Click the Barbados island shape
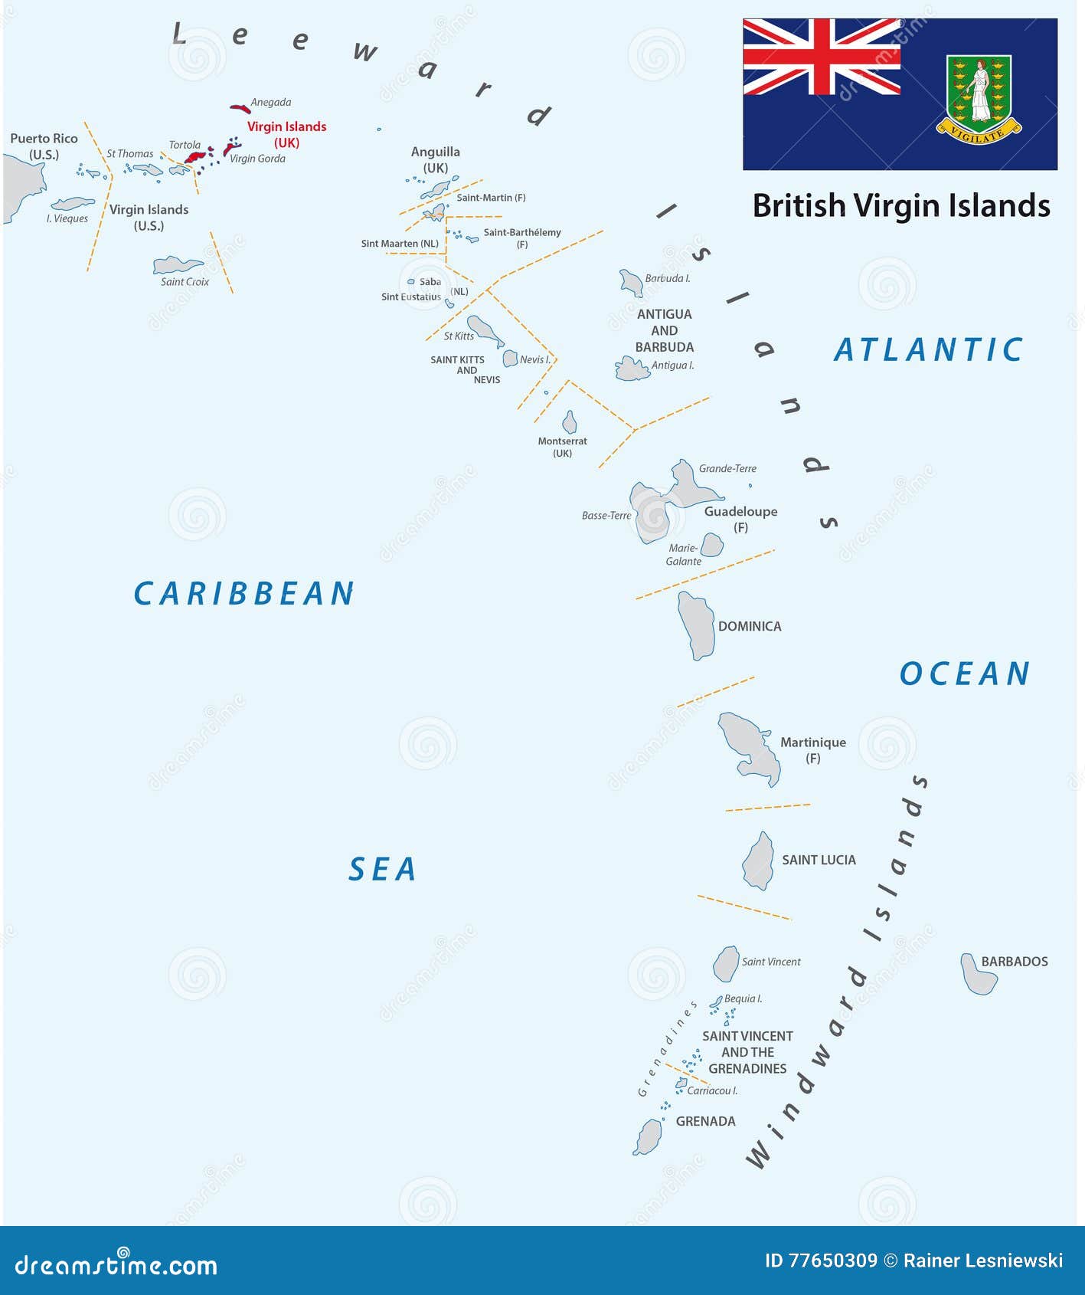coord(978,975)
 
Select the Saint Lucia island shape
coord(758,861)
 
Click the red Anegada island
coord(240,108)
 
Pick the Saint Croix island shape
coord(177,265)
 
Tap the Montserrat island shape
coord(570,422)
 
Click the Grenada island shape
coord(649,1136)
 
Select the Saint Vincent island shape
coord(725,963)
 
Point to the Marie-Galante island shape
coord(712,545)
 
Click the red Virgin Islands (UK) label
coord(286,134)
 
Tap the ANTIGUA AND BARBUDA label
coord(664,330)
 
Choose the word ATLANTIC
coord(928,350)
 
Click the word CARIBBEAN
coord(243,594)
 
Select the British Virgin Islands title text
coord(901,206)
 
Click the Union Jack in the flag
coord(821,57)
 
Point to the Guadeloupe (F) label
coord(740,519)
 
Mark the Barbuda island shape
coord(632,283)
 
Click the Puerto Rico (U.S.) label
coord(44,146)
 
